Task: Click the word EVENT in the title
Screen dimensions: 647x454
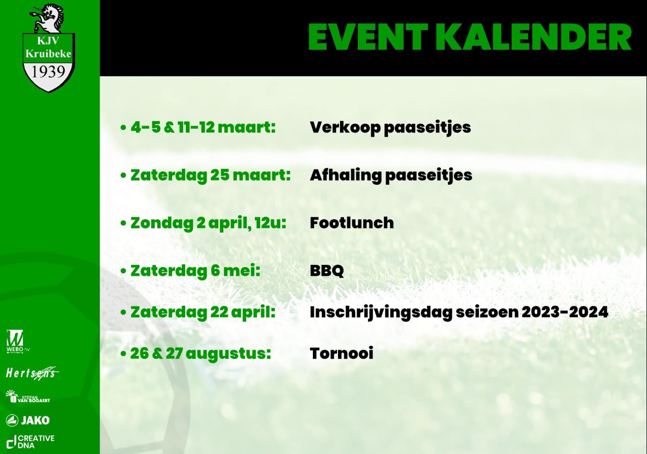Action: point(368,37)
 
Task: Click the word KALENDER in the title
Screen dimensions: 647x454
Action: point(537,37)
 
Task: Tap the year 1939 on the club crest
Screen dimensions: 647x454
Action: point(48,72)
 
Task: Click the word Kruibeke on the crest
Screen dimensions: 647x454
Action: point(48,54)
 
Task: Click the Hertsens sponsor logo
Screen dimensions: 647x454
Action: point(32,373)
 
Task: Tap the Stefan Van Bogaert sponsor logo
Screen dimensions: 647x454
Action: point(28,396)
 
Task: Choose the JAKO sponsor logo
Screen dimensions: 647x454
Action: point(28,420)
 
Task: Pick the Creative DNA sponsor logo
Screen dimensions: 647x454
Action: point(31,442)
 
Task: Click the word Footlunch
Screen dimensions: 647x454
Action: point(352,223)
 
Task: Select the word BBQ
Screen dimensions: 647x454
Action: point(327,271)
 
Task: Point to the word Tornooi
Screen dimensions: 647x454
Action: point(341,353)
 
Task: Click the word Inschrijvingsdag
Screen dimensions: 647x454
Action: point(381,313)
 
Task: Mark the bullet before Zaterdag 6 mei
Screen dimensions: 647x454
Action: point(123,271)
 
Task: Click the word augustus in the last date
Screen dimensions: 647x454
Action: point(228,354)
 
